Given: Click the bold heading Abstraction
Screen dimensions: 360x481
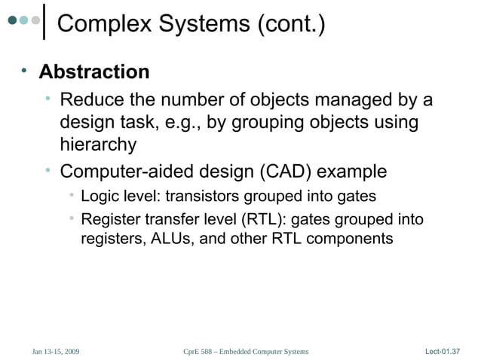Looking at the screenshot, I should tap(94, 72).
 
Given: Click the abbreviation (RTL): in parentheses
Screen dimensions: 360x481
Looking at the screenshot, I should tap(263, 220).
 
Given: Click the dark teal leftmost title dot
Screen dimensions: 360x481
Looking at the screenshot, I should tap(13, 20).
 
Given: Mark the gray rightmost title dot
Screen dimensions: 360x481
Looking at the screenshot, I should tap(35, 20).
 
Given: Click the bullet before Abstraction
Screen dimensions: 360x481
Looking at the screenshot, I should tap(24, 72).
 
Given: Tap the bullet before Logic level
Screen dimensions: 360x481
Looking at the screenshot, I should tap(69, 197).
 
